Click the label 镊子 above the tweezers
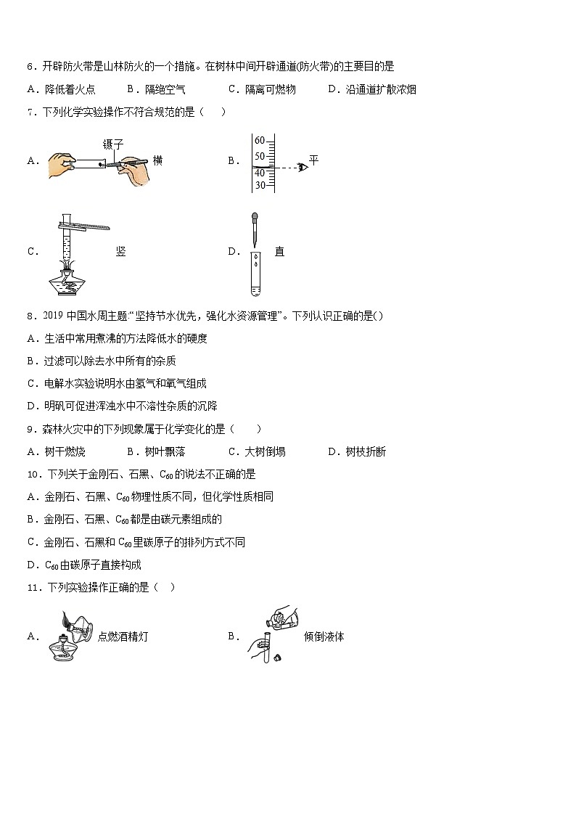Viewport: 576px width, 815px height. [x=113, y=144]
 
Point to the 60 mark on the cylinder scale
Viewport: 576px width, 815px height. [x=260, y=141]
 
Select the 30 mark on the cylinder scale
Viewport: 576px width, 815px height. [x=260, y=184]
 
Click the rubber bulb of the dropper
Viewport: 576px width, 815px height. [x=254, y=217]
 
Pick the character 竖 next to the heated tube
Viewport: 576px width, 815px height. [x=120, y=252]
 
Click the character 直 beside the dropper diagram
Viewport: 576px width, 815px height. [x=279, y=252]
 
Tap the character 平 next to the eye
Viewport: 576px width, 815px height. [x=313, y=159]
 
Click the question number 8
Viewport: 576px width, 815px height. [x=30, y=316]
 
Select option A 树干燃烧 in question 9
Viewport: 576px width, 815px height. [x=65, y=451]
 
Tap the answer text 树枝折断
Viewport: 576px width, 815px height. [x=366, y=451]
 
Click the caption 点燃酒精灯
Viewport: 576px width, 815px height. [x=123, y=636]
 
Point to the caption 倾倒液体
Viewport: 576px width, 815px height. [x=324, y=636]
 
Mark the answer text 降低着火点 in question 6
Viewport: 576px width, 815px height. [x=70, y=89]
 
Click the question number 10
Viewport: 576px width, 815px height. [x=32, y=474]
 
